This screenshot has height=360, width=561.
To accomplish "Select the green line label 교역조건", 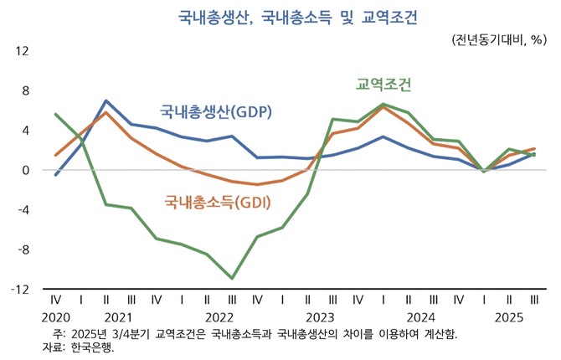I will (384, 85).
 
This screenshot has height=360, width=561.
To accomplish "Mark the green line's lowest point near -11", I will (232, 278).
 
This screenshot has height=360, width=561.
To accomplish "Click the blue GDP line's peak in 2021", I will (106, 100).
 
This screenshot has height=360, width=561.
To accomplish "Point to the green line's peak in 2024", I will (383, 105).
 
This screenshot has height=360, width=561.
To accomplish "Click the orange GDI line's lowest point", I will (257, 184).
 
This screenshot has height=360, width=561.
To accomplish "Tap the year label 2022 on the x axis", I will (219, 317).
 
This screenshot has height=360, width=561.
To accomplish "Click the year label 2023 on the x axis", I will (320, 317).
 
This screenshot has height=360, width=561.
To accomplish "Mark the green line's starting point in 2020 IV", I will (56, 114).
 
